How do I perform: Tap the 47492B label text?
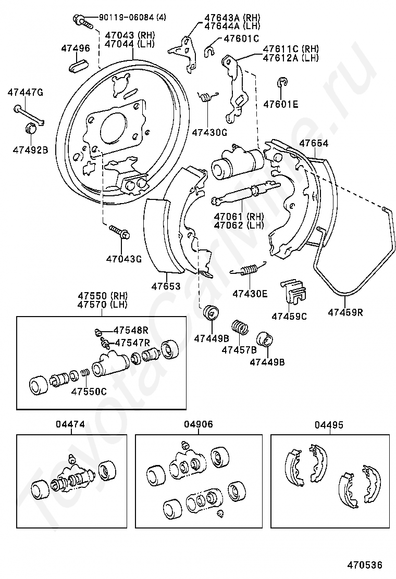tap(30, 150)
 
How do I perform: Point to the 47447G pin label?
tap(25, 92)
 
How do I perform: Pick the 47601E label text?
tap(280, 105)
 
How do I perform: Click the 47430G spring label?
tap(209, 132)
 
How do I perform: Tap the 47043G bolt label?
tap(124, 259)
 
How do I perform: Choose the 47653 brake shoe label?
tap(166, 286)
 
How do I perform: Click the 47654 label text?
tap(314, 143)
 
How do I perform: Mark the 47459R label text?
tap(345, 312)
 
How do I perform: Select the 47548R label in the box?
tap(131, 330)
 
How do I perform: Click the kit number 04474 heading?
tap(70, 424)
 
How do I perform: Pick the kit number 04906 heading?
tap(199, 424)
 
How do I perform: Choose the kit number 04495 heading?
tap(329, 425)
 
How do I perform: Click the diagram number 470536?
tap(364, 564)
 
